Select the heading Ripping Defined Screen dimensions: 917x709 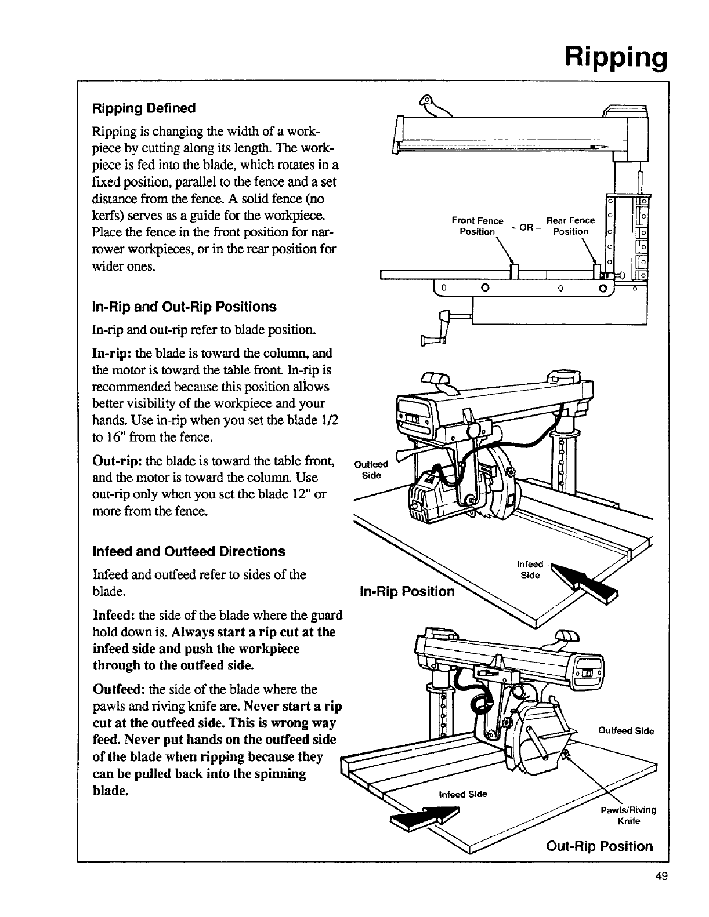(x=144, y=108)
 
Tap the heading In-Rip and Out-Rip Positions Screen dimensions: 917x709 (x=185, y=306)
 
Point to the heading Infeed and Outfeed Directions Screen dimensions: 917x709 (x=189, y=551)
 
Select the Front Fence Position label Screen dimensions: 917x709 (x=478, y=226)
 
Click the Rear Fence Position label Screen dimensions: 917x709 (x=570, y=226)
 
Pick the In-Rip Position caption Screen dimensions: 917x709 (x=407, y=592)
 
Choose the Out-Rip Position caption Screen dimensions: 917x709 (x=600, y=846)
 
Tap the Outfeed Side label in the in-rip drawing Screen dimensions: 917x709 (x=370, y=470)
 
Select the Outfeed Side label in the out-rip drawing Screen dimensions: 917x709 (x=626, y=731)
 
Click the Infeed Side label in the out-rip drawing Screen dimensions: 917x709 (x=462, y=794)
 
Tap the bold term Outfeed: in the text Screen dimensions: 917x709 (x=119, y=689)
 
